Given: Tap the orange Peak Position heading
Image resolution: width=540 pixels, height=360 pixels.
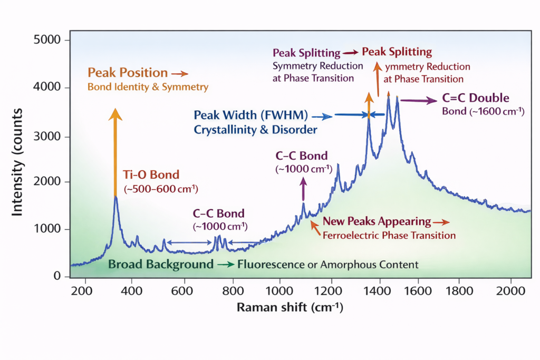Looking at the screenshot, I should (128, 73).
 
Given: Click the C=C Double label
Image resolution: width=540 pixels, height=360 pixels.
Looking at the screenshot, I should (475, 99).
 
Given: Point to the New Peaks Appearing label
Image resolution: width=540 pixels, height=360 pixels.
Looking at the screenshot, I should (377, 221).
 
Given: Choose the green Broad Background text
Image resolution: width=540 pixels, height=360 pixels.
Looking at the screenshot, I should (161, 264).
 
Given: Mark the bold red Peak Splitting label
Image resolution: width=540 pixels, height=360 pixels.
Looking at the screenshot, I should (397, 53).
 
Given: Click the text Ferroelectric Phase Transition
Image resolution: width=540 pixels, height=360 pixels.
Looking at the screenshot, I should (389, 235).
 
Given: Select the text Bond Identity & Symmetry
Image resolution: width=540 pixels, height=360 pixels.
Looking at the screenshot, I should (148, 86).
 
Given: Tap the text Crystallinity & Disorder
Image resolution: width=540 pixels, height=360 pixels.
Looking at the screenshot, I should (255, 129).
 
